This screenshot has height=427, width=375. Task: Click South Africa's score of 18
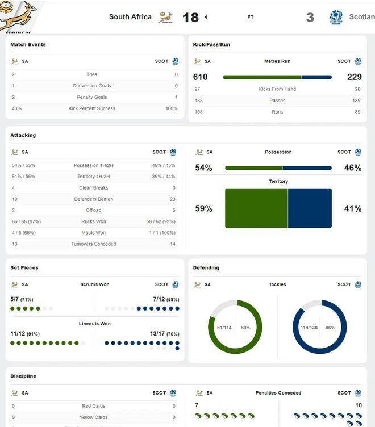click(190, 17)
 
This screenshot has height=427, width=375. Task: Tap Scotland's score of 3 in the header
click(310, 17)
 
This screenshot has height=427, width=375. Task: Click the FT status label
click(251, 17)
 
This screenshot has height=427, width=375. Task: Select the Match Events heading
click(28, 44)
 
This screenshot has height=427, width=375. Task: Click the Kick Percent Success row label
click(91, 108)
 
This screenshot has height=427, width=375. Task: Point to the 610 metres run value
click(201, 77)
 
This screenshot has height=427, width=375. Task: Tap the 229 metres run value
click(355, 77)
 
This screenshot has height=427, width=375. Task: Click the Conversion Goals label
click(91, 86)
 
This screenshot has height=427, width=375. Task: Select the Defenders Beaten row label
click(93, 199)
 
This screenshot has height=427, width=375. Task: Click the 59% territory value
click(203, 208)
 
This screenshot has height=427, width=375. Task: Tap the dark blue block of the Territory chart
click(310, 208)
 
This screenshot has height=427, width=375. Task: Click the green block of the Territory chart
click(256, 208)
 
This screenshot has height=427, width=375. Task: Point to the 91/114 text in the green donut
click(224, 327)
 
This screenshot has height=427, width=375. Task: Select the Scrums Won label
click(95, 284)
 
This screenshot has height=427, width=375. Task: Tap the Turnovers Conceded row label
click(93, 244)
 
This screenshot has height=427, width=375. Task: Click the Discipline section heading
click(23, 376)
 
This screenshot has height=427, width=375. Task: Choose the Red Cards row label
click(93, 406)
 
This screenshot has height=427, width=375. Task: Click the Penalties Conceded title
click(278, 393)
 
